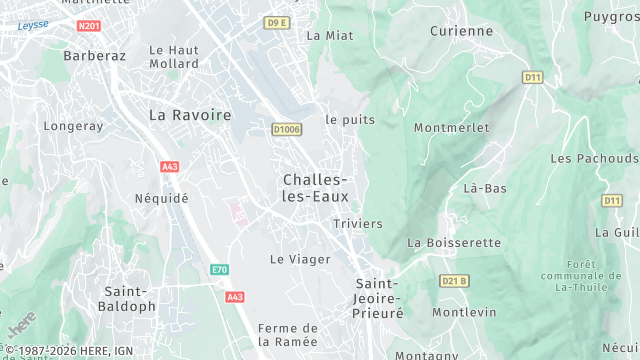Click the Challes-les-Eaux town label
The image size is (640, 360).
tap(315, 188)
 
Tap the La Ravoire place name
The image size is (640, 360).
tap(190, 115)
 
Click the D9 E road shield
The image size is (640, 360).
tap(277, 22)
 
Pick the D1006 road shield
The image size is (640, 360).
tap(287, 129)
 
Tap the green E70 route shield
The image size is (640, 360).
tap(219, 270)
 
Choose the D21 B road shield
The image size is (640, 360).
tap(454, 281)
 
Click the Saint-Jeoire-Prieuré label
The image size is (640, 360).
tap(379, 298)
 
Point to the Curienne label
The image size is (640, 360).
tap(461, 31)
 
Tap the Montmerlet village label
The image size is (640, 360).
tap(451, 128)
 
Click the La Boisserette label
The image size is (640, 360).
tap(453, 243)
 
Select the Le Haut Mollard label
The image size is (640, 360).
tap(174, 57)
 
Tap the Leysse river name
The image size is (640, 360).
tap(32, 25)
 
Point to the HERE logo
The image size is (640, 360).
tap(20, 325)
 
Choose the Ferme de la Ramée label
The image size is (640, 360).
tap(288, 334)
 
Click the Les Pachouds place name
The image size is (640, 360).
tap(594, 158)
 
